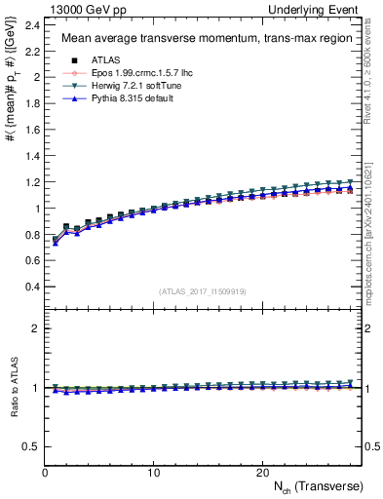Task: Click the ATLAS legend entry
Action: [93, 61]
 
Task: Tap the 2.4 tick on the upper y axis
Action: [33, 23]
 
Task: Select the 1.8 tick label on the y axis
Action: [33, 102]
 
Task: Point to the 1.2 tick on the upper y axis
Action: [33, 182]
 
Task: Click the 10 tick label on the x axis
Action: [154, 472]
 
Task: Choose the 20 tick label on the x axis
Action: [262, 472]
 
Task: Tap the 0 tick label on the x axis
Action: [46, 472]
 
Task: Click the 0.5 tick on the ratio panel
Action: [33, 446]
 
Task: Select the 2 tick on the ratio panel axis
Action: [38, 328]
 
